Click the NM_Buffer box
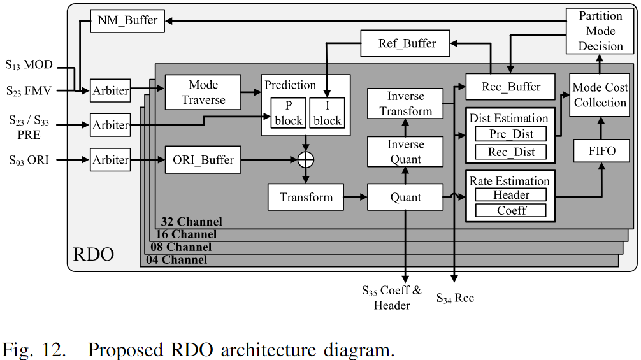(127, 21)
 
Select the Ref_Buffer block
(407, 43)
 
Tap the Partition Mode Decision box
(600, 31)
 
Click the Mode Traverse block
(203, 92)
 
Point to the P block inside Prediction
(287, 113)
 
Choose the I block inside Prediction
(327, 113)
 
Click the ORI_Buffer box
(203, 160)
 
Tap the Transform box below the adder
(306, 197)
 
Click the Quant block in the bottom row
(406, 197)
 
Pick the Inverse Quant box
(406, 152)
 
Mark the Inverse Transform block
(406, 104)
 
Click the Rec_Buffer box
(511, 87)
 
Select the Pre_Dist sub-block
(511, 134)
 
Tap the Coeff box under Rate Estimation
(511, 210)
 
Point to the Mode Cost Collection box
(600, 95)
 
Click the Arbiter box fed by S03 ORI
(110, 159)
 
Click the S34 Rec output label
(455, 298)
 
